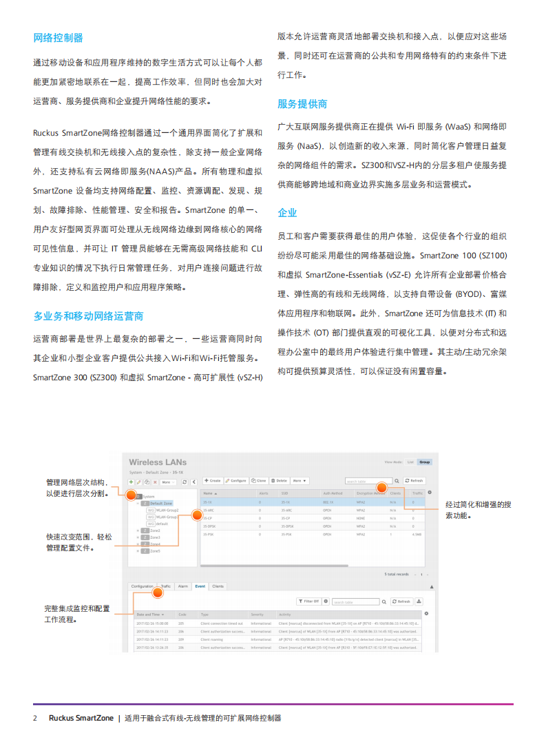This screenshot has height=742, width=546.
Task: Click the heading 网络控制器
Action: (58, 37)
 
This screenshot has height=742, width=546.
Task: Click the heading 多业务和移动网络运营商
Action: (88, 316)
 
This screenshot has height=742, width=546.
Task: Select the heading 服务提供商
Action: (302, 104)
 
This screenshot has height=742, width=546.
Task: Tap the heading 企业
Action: (287, 212)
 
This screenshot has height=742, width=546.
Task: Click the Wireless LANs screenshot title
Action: (157, 462)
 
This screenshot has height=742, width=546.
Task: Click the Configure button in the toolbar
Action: (236, 480)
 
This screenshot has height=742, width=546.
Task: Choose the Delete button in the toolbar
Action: (280, 480)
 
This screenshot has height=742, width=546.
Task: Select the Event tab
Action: (200, 586)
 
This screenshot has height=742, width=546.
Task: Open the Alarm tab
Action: (182, 586)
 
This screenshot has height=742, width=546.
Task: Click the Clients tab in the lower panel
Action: (218, 586)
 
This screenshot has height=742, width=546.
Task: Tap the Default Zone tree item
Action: (161, 504)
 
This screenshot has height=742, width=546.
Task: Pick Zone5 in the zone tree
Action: (155, 550)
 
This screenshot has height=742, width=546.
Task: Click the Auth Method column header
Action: (333, 493)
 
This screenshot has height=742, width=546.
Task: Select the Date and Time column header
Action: (149, 614)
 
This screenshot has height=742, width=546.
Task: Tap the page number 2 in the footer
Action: (36, 718)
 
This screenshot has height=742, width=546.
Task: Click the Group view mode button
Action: (425, 462)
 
